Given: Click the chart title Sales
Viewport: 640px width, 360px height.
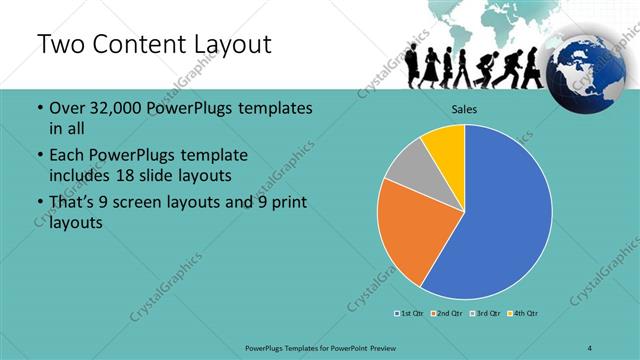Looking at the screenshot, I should click(465, 108).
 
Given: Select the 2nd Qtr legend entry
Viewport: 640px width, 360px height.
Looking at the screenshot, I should click(447, 314).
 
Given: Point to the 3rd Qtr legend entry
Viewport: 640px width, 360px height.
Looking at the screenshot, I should click(485, 314).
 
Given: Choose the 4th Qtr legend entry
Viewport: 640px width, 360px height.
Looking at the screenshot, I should click(524, 314).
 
